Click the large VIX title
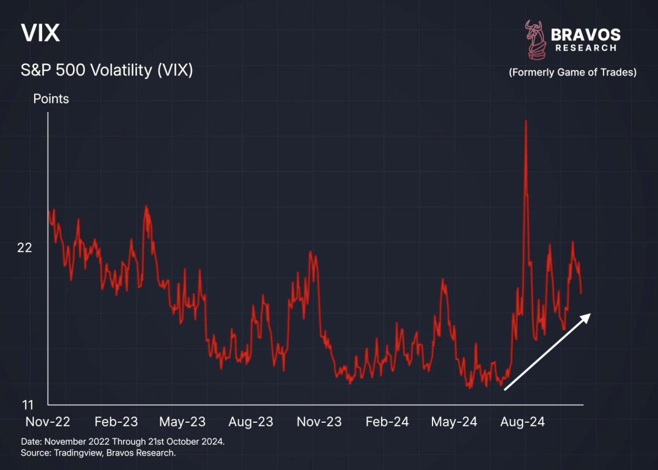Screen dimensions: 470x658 (40, 34)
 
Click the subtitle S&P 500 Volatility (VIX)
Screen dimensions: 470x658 (107, 70)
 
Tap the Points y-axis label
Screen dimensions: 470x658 (51, 99)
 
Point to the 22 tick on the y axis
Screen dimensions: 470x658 (25, 248)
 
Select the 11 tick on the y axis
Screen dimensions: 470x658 (28, 405)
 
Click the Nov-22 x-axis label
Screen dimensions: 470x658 (48, 422)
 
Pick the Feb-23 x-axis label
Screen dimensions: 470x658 (116, 422)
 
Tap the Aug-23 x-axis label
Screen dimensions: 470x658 (251, 422)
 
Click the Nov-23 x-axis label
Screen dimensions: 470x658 (319, 422)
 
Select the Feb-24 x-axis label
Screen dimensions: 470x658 (387, 422)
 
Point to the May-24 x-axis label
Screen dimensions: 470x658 (454, 422)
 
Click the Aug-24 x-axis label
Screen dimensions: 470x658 (522, 422)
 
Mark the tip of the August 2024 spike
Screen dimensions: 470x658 (525, 121)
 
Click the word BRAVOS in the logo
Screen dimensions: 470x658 (585, 35)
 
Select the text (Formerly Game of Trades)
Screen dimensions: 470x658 (572, 73)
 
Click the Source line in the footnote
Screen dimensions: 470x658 (98, 453)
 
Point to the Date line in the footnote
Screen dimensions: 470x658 (122, 442)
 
